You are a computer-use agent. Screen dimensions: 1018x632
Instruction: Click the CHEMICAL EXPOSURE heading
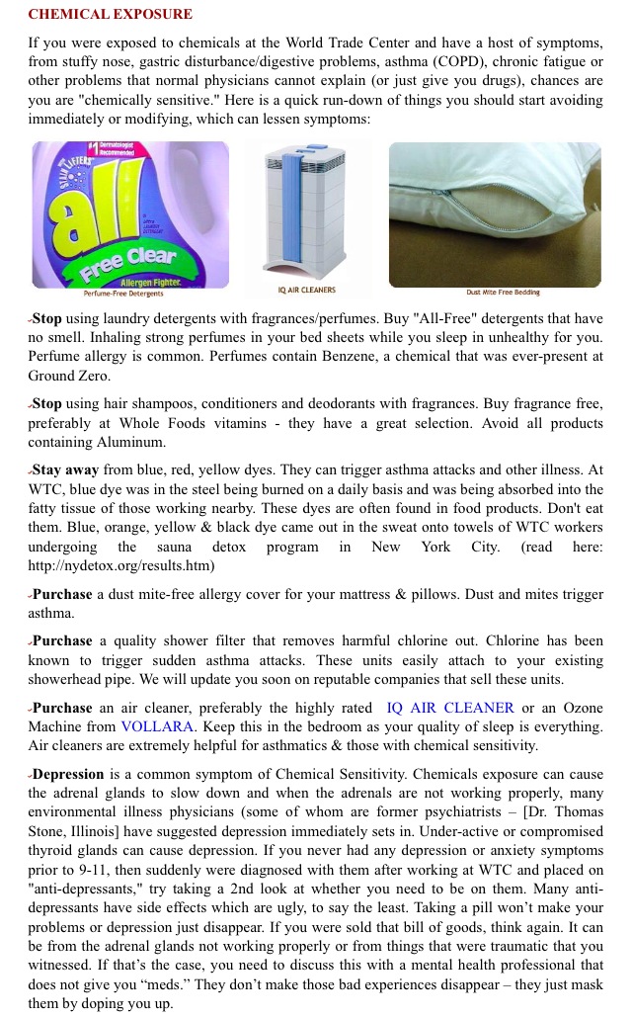pos(110,15)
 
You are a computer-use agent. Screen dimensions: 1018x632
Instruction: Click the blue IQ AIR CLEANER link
pos(450,708)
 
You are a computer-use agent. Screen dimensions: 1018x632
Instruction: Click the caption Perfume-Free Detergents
pos(124,293)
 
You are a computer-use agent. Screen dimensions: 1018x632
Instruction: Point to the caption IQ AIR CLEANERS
pos(307,291)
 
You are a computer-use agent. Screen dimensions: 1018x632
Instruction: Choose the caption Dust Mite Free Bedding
pos(504,292)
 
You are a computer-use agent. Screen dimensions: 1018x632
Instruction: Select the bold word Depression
pos(67,774)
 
